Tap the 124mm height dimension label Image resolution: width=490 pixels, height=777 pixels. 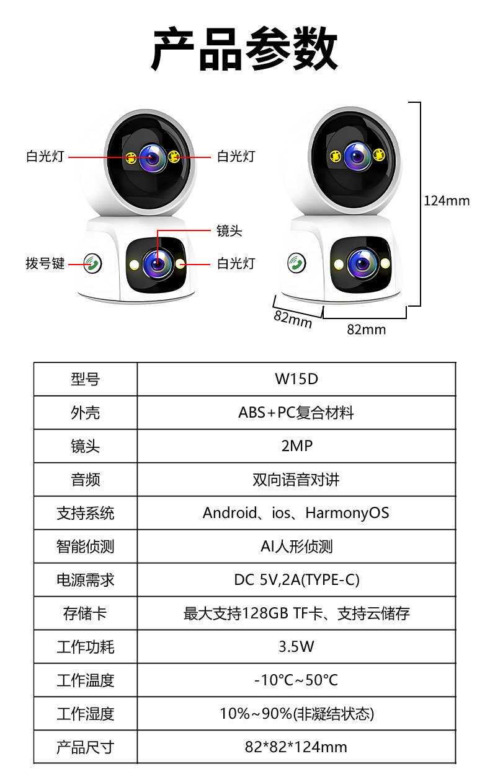447,201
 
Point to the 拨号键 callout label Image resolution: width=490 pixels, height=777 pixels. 45,264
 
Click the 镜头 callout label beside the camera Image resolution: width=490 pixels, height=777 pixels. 229,231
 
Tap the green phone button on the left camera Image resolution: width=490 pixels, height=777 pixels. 93,264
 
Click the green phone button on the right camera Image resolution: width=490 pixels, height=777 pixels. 296,263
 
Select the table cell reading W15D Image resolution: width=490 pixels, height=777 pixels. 296,379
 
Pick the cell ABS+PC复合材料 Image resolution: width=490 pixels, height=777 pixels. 296,413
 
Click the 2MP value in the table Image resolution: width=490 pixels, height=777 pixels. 296,446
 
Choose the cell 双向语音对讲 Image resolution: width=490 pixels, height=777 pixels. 296,480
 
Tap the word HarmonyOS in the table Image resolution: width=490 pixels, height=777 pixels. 347,513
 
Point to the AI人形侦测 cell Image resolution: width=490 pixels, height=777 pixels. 296,547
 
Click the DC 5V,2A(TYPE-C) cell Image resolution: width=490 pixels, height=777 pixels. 296,580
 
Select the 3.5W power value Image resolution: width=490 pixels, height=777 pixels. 296,647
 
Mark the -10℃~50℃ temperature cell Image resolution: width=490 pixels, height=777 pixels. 296,680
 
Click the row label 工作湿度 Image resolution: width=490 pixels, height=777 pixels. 86,714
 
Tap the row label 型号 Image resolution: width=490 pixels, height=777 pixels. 86,379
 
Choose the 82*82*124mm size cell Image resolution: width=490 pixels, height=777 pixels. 296,747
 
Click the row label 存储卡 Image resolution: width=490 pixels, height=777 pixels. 86,613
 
